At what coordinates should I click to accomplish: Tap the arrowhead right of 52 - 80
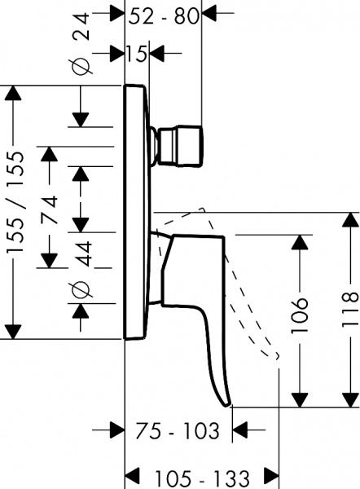pyautogui.click(x=209, y=14)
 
